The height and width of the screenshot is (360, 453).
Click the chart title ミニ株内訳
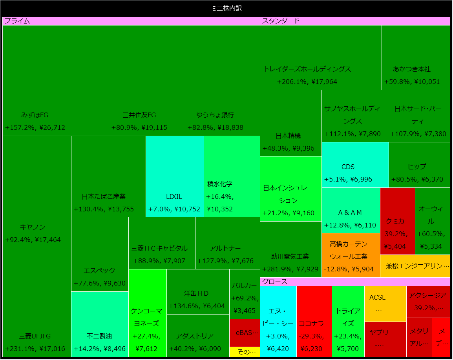(226, 8)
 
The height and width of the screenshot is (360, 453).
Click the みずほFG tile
(55, 80)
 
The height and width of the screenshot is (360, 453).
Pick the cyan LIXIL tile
(174, 176)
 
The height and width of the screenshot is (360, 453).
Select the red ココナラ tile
(314, 322)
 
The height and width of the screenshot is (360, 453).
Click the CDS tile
(355, 165)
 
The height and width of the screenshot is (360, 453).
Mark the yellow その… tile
(245, 352)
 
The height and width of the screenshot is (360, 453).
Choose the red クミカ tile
(397, 221)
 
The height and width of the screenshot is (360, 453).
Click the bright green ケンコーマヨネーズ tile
(147, 313)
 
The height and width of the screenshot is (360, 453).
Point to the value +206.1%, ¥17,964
(307, 82)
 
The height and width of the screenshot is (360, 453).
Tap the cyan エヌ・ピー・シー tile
(278, 322)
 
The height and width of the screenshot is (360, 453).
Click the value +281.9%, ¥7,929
(290, 269)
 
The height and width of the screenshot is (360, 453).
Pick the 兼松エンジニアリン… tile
(415, 266)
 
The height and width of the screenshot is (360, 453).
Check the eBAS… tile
(245, 333)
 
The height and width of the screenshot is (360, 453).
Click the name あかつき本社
(411, 69)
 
